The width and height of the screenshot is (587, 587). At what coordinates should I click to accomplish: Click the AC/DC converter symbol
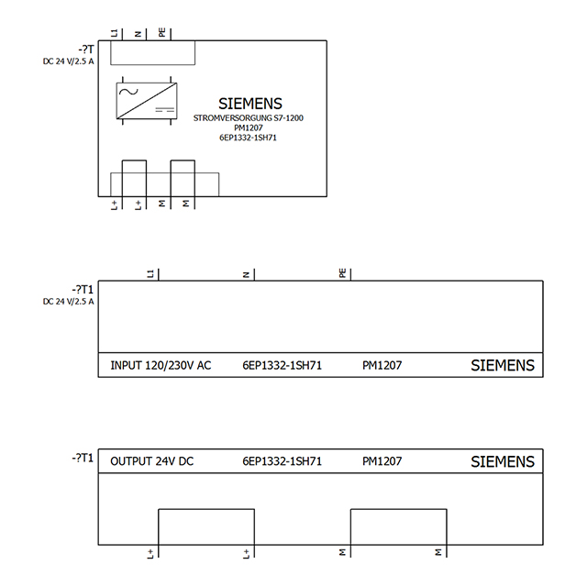coord(146,102)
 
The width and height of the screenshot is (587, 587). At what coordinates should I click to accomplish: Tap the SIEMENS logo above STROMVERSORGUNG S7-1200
coord(250,104)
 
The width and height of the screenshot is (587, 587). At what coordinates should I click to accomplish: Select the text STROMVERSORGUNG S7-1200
coord(249,118)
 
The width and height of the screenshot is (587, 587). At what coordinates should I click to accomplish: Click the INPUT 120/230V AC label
coord(161,365)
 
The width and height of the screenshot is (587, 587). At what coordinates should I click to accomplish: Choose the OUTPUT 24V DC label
coord(151,461)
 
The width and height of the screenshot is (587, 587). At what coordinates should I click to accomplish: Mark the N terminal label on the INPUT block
coord(247,273)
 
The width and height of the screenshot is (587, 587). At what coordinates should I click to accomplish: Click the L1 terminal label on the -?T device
coord(114,33)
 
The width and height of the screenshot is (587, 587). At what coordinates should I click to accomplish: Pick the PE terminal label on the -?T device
coord(161,33)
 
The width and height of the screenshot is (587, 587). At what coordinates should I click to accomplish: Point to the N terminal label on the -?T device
coord(138,34)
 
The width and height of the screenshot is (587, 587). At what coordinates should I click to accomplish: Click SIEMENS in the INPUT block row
coord(502,365)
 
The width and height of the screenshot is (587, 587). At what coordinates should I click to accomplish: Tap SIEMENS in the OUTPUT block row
coord(502,461)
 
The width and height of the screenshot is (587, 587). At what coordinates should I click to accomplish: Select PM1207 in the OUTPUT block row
coord(382,461)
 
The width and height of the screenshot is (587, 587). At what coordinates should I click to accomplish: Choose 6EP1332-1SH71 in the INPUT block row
coord(282,365)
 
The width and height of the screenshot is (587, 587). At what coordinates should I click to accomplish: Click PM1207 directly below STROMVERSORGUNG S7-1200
coord(249,128)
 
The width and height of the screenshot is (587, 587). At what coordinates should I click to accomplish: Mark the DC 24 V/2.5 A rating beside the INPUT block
coord(68,301)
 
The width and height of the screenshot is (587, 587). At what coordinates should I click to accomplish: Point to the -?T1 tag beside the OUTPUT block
coord(82,458)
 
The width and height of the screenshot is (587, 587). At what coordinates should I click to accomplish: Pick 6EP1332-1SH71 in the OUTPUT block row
coord(282,461)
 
